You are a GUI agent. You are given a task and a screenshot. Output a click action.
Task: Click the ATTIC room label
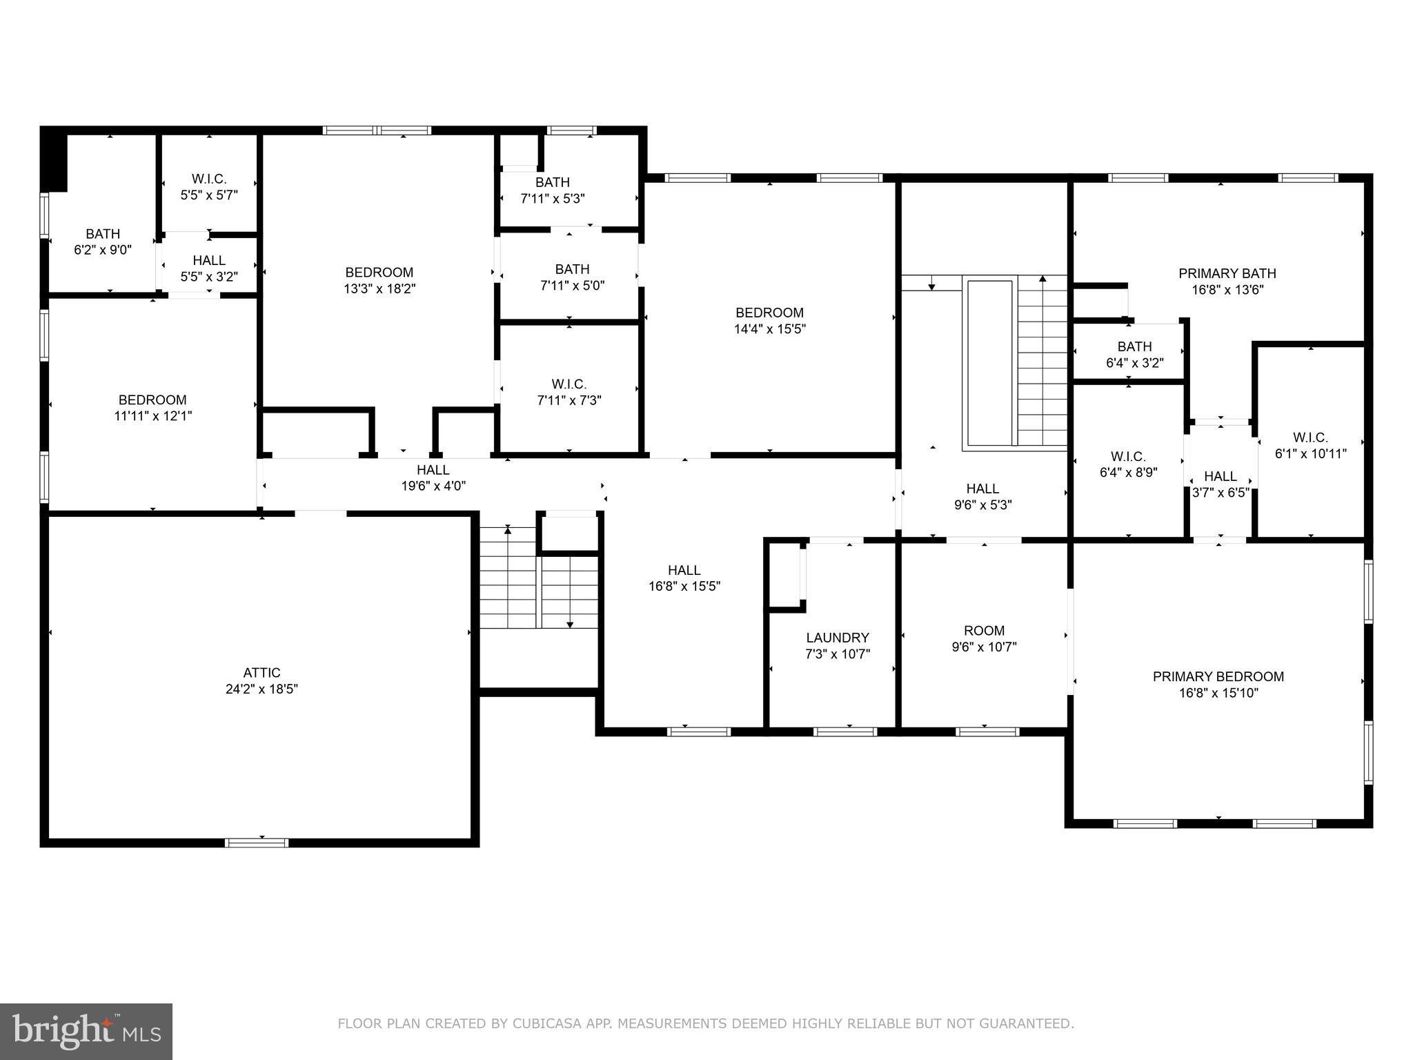coord(261,672)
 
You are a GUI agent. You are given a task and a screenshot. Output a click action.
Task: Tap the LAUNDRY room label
coord(838,638)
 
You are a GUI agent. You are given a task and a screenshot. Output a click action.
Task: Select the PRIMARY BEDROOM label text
coord(1218,676)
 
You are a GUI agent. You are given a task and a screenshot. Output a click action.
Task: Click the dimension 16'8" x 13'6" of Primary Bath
coord(1227,290)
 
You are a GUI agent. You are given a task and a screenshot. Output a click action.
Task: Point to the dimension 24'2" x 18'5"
coord(261,689)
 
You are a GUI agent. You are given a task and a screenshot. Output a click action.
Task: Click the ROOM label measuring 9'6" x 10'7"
coord(984,630)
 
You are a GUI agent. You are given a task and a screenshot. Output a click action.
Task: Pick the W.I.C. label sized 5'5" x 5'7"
coord(209,179)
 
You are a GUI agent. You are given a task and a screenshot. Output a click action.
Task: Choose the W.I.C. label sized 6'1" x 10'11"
coord(1310,437)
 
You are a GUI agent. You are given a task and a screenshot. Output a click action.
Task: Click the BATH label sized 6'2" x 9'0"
coord(103,233)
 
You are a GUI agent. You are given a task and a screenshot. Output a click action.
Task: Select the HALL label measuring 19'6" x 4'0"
coord(433,469)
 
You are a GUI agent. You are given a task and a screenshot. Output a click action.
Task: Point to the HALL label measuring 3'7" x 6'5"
coord(1221,476)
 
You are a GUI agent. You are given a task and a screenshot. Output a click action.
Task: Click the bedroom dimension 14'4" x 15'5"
coord(769,329)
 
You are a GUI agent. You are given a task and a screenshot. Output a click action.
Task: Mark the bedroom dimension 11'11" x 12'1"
coord(152,416)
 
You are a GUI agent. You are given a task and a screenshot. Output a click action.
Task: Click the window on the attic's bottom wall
coord(257,842)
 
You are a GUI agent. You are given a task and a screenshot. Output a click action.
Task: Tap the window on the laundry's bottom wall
coord(844,732)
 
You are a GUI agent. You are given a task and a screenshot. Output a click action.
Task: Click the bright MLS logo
coord(86,1032)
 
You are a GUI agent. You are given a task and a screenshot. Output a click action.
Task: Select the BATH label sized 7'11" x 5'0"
coord(572,268)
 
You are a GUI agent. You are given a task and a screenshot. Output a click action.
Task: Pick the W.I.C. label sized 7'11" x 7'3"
coord(569,384)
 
